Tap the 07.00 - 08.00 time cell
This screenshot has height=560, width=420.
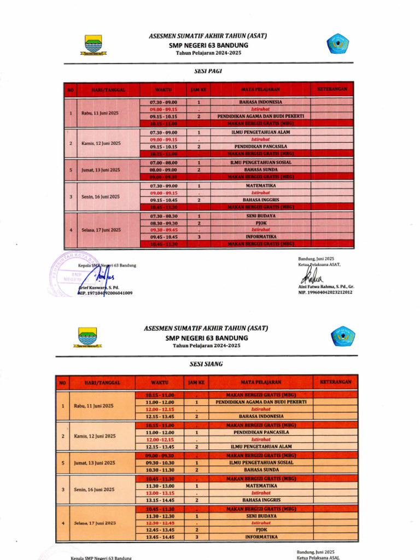click(x=163, y=162)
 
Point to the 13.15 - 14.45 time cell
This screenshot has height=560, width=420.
click(x=160, y=500)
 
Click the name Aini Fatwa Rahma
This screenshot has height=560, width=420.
click(x=325, y=287)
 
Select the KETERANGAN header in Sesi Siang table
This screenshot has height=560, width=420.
click(x=336, y=381)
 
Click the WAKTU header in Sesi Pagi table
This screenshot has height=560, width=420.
click(x=163, y=89)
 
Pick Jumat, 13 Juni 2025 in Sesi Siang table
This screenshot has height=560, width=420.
click(x=94, y=463)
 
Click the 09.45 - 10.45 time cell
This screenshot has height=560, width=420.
click(x=163, y=237)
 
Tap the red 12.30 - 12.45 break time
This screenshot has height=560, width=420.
click(x=160, y=523)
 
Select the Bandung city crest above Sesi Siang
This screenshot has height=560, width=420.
click(x=87, y=336)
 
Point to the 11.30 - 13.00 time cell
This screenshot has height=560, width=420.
click(x=160, y=486)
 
